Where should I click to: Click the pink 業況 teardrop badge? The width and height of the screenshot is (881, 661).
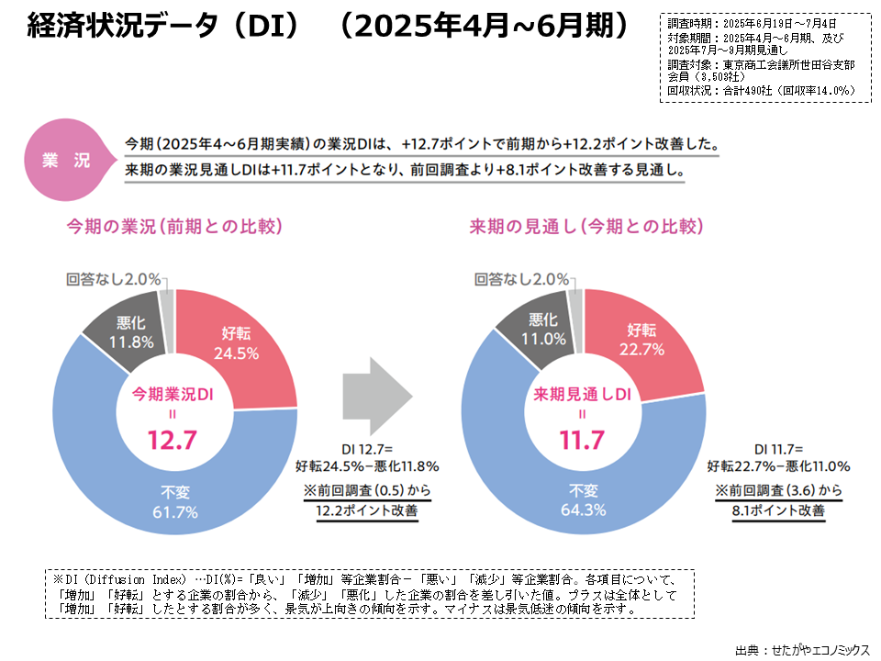point(66,159)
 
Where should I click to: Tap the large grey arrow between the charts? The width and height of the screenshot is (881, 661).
point(376,396)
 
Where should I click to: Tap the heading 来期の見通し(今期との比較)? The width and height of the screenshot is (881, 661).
point(581,226)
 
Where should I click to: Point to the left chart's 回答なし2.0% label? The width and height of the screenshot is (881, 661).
point(114,278)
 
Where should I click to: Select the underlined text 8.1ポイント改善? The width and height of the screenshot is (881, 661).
point(778,510)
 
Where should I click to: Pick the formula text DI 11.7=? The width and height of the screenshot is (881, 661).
point(778,449)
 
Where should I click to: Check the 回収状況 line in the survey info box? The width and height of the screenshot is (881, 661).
point(762,90)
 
